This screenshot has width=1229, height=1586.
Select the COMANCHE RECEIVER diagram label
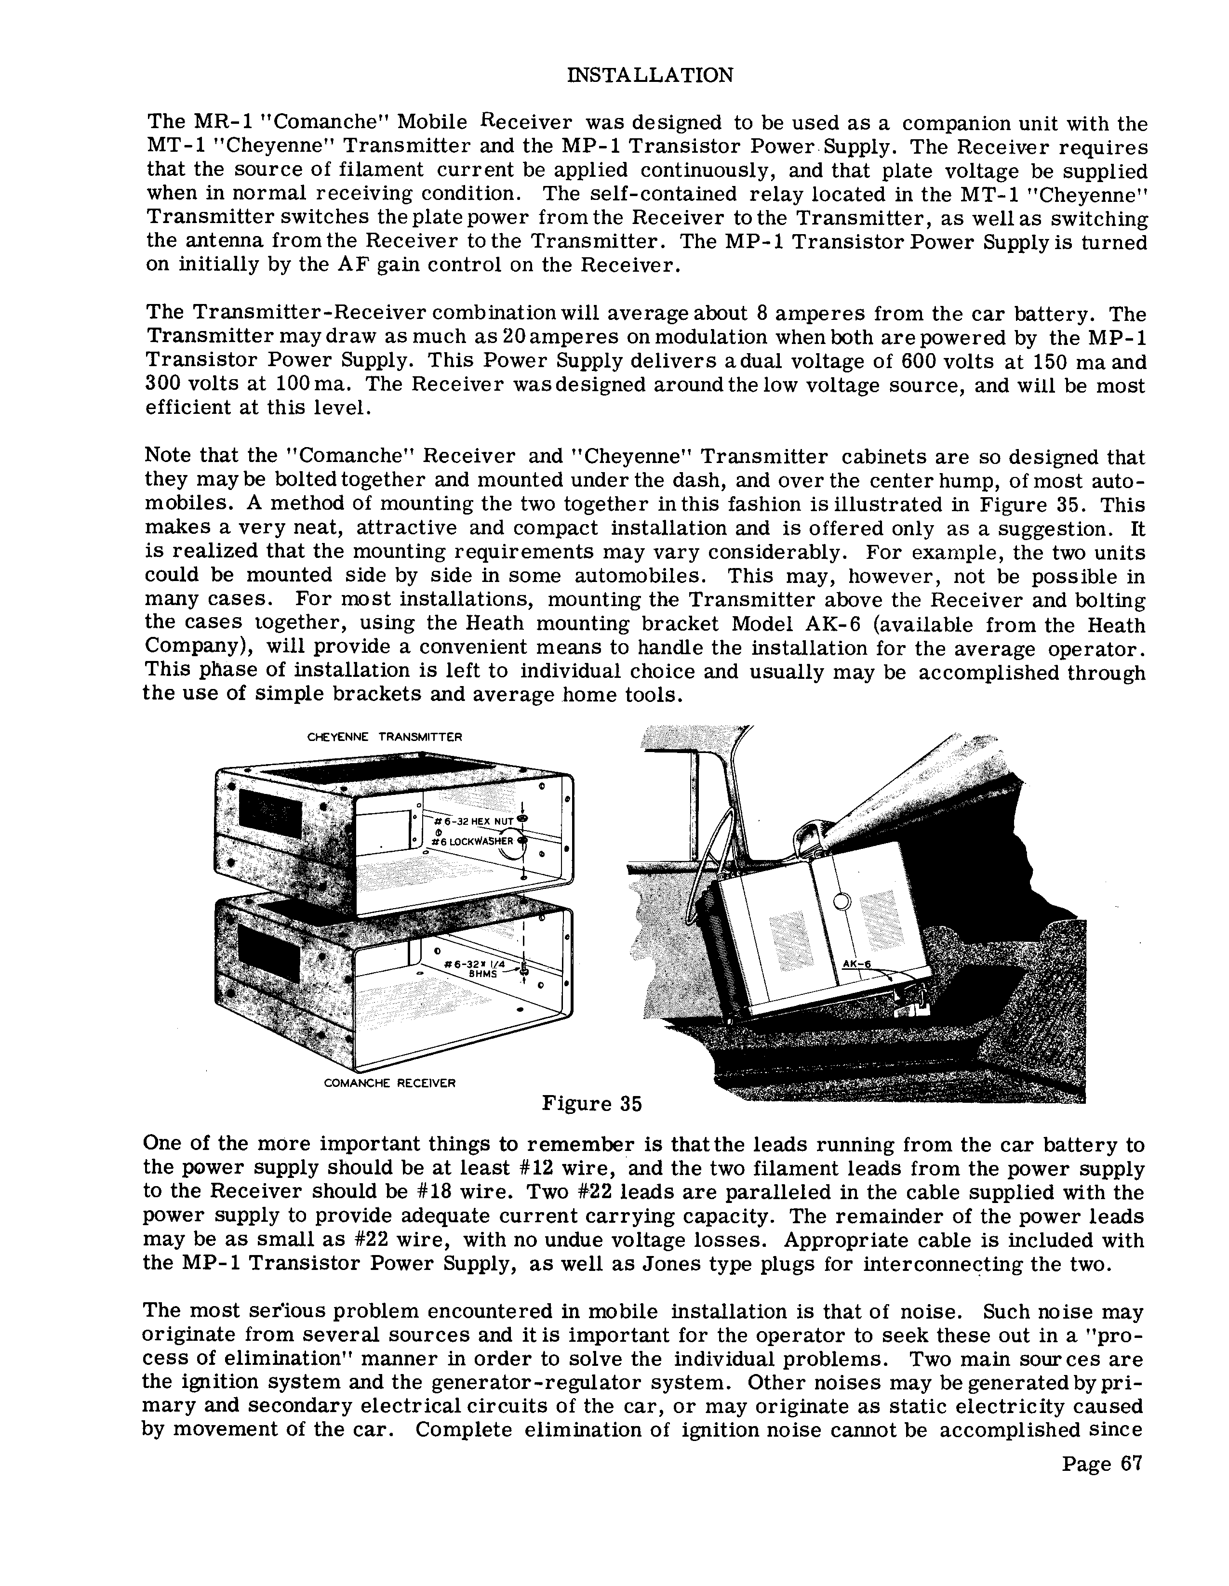pyautogui.click(x=389, y=1083)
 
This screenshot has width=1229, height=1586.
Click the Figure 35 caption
pyautogui.click(x=592, y=1104)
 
